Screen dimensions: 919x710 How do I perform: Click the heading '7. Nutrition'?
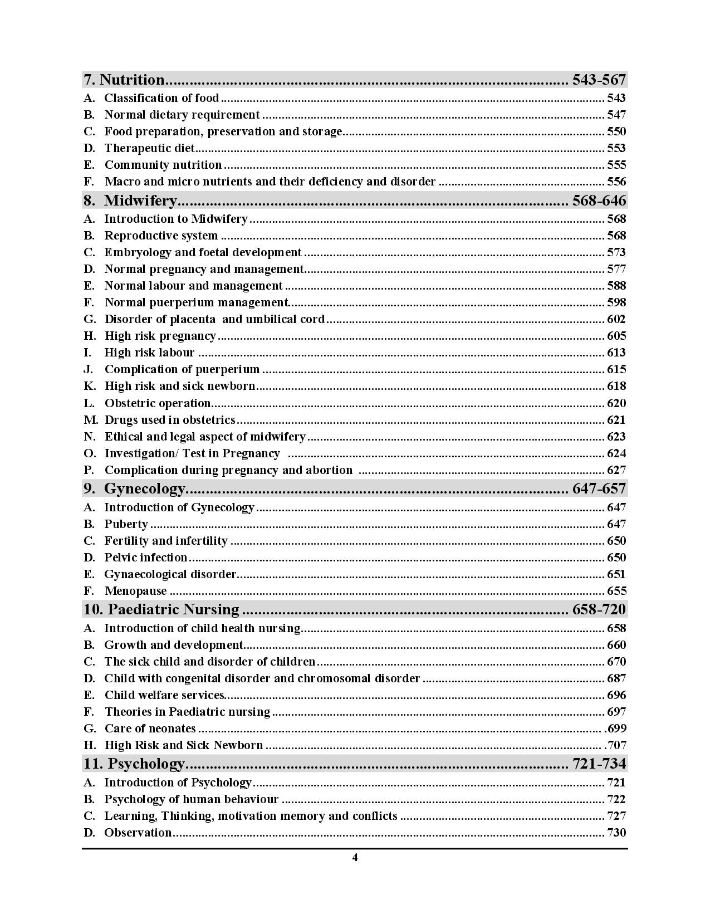click(x=124, y=80)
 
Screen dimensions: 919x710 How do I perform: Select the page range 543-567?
click(x=599, y=80)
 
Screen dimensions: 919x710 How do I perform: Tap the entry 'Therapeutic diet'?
click(x=150, y=148)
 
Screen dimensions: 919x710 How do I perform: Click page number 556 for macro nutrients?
click(x=616, y=182)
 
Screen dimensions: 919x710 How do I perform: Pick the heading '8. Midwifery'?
click(x=130, y=201)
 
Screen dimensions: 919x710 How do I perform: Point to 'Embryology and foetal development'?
click(x=203, y=252)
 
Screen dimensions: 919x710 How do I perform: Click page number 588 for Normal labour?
click(x=616, y=286)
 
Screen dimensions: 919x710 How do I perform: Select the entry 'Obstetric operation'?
click(x=158, y=403)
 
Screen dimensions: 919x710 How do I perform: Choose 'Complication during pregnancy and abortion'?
click(x=228, y=470)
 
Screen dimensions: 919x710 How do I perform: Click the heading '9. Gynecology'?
click(x=134, y=488)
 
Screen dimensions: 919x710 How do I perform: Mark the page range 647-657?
click(x=599, y=488)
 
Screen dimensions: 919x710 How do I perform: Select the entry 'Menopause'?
click(x=136, y=591)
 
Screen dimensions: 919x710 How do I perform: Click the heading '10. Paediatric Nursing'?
click(x=161, y=609)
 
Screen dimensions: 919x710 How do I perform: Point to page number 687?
click(x=616, y=678)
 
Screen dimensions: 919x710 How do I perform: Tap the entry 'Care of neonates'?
click(x=150, y=729)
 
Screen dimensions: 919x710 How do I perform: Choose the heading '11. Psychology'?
click(x=134, y=763)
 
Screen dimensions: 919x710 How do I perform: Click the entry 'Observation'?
click(x=138, y=833)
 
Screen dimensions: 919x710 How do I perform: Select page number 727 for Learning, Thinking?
click(x=616, y=816)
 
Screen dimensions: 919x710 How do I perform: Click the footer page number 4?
click(x=355, y=858)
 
